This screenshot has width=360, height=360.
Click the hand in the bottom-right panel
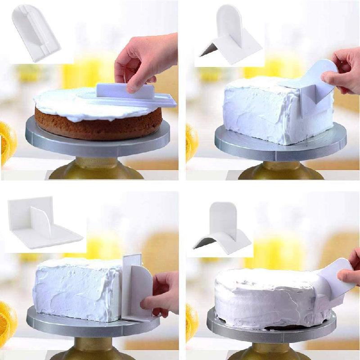click(351, 270)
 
